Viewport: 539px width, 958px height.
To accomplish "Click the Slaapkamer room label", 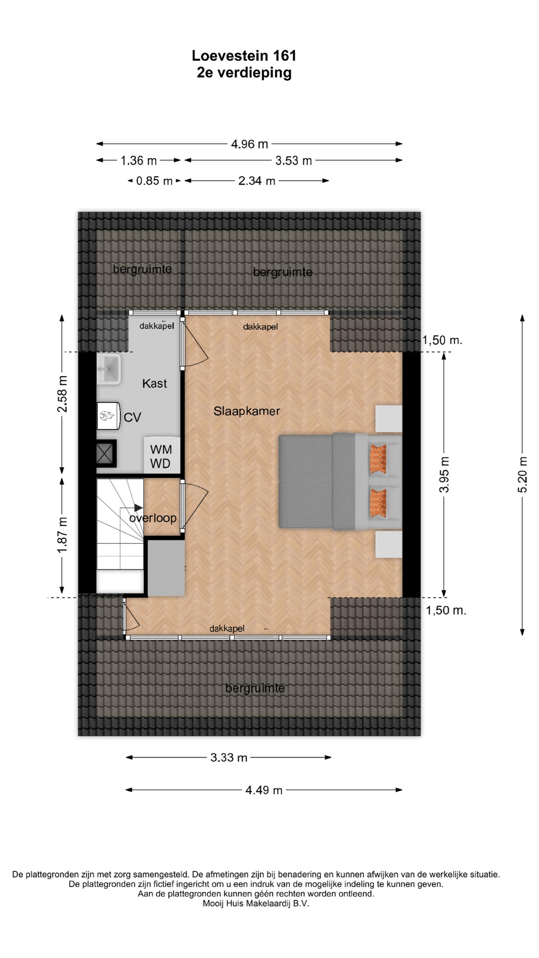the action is tap(247, 411).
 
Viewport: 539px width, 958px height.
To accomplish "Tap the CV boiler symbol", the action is tap(108, 416).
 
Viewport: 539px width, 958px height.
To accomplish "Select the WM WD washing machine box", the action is tap(162, 456).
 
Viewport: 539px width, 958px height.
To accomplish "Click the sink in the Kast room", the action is tap(108, 369).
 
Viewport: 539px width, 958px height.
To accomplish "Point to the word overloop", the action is tap(153, 518).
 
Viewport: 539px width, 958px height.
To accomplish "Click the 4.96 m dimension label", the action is tap(250, 144).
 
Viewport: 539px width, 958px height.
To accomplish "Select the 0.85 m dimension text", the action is tap(154, 181).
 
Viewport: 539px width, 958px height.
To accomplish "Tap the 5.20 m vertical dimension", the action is tap(522, 475).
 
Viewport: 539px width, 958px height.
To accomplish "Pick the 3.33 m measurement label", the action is tap(229, 757).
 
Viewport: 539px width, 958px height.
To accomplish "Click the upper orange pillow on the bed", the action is tap(378, 458).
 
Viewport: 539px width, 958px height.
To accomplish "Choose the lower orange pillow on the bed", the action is tap(378, 502).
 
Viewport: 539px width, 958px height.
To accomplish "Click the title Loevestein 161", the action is tap(244, 55).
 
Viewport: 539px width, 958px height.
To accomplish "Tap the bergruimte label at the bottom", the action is tap(255, 688).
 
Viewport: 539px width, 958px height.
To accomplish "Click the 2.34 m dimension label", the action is tap(257, 181).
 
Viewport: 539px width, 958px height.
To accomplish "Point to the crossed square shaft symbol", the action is tap(106, 454).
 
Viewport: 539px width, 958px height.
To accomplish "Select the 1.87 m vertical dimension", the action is tap(62, 535).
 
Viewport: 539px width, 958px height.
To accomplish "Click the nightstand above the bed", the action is tap(389, 419).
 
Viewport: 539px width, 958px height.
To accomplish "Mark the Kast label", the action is tap(155, 383).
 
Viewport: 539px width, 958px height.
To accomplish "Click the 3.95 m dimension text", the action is tap(444, 475).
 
